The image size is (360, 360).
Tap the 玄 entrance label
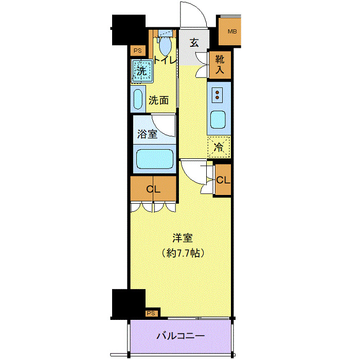194,43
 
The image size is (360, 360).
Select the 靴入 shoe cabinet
220,65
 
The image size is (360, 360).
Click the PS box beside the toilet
137,50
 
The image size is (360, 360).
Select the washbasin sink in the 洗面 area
138,99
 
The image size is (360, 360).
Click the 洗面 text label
158,100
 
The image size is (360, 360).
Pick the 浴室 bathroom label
147,135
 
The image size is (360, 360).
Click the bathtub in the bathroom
154,159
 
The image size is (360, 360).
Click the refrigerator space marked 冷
219,147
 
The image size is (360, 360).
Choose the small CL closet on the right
223,180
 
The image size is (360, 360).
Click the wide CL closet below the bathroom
153,189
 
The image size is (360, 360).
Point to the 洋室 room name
182,238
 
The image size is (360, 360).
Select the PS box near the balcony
151,313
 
